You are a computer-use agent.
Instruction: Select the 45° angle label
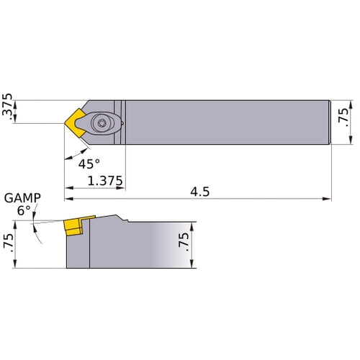[x=89, y=163]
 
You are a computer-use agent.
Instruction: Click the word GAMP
[x=22, y=198]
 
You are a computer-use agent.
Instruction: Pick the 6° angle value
[x=23, y=211]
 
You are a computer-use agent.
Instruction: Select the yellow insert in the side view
[x=73, y=226]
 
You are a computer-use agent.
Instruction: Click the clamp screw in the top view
[x=101, y=123]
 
